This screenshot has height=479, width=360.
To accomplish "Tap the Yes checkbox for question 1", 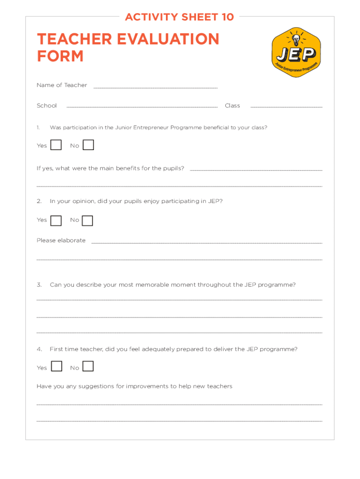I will (x=56, y=145).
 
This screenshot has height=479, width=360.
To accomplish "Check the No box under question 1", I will (x=88, y=145).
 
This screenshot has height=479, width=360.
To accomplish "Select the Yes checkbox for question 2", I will (x=56, y=220).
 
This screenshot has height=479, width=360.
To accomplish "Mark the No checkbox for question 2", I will (x=87, y=220).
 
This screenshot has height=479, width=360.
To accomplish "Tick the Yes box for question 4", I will (x=57, y=366).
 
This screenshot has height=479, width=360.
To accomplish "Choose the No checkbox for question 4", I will (x=88, y=366).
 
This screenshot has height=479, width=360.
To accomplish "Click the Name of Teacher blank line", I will (x=156, y=87).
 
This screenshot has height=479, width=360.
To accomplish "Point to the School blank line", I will (x=142, y=108).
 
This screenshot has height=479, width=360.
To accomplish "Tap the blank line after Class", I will (x=286, y=108).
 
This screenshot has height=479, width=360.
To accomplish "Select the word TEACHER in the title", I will (x=75, y=39).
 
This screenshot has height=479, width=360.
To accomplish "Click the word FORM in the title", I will (x=60, y=56).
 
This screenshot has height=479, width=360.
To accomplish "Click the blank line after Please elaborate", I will (x=207, y=243).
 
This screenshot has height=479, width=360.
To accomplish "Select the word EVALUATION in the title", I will (x=169, y=39).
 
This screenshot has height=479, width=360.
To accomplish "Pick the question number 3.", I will (x=39, y=284).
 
